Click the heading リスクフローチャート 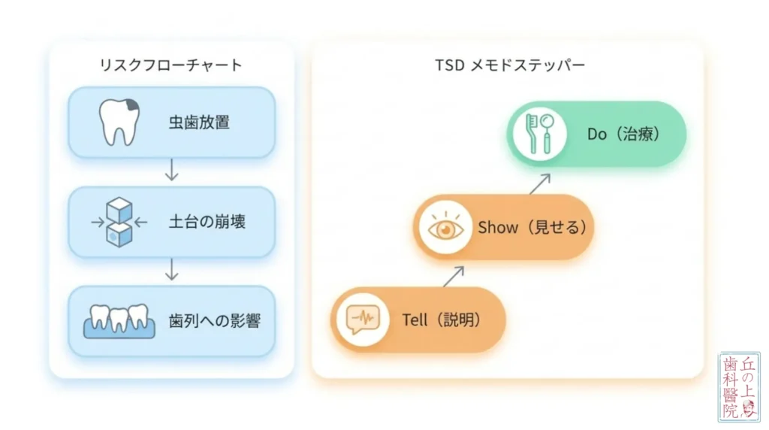170,65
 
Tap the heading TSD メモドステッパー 510,65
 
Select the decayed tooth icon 119,123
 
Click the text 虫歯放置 199,123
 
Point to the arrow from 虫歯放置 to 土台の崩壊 172,170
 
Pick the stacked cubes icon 119,222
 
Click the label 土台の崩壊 207,222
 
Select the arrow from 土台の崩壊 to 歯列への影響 172,269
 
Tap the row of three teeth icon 119,322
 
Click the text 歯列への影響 215,321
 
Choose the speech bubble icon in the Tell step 363,319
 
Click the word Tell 415,320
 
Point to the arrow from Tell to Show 454,277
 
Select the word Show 498,227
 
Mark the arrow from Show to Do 540,184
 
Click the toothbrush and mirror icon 539,134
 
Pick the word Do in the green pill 597,134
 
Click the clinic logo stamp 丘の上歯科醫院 739,387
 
